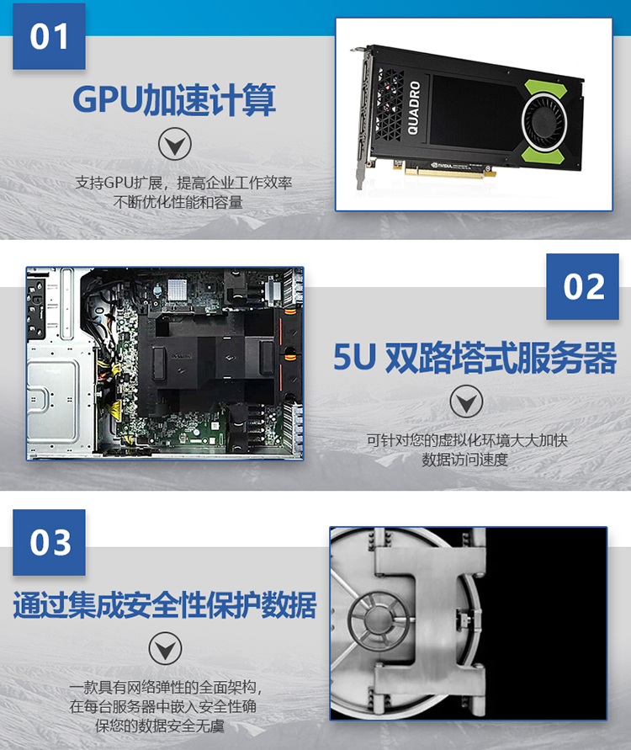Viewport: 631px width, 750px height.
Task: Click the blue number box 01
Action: (49, 36)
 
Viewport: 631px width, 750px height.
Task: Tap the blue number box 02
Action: (582, 286)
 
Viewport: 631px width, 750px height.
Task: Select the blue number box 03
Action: (49, 542)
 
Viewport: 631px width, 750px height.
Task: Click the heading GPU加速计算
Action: (174, 100)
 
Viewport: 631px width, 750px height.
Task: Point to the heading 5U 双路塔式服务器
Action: (475, 358)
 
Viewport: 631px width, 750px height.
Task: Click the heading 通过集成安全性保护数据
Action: (164, 605)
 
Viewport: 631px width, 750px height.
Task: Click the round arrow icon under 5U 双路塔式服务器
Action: (466, 402)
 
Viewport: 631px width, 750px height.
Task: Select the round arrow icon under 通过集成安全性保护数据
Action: (165, 649)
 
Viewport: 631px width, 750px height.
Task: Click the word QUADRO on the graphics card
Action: (414, 108)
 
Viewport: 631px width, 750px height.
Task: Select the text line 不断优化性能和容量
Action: (178, 202)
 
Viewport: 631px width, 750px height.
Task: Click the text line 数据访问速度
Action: (464, 460)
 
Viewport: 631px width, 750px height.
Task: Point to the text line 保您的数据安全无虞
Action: (160, 726)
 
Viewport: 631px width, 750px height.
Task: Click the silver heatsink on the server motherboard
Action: (177, 289)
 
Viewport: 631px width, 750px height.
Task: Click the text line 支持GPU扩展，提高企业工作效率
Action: (183, 183)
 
